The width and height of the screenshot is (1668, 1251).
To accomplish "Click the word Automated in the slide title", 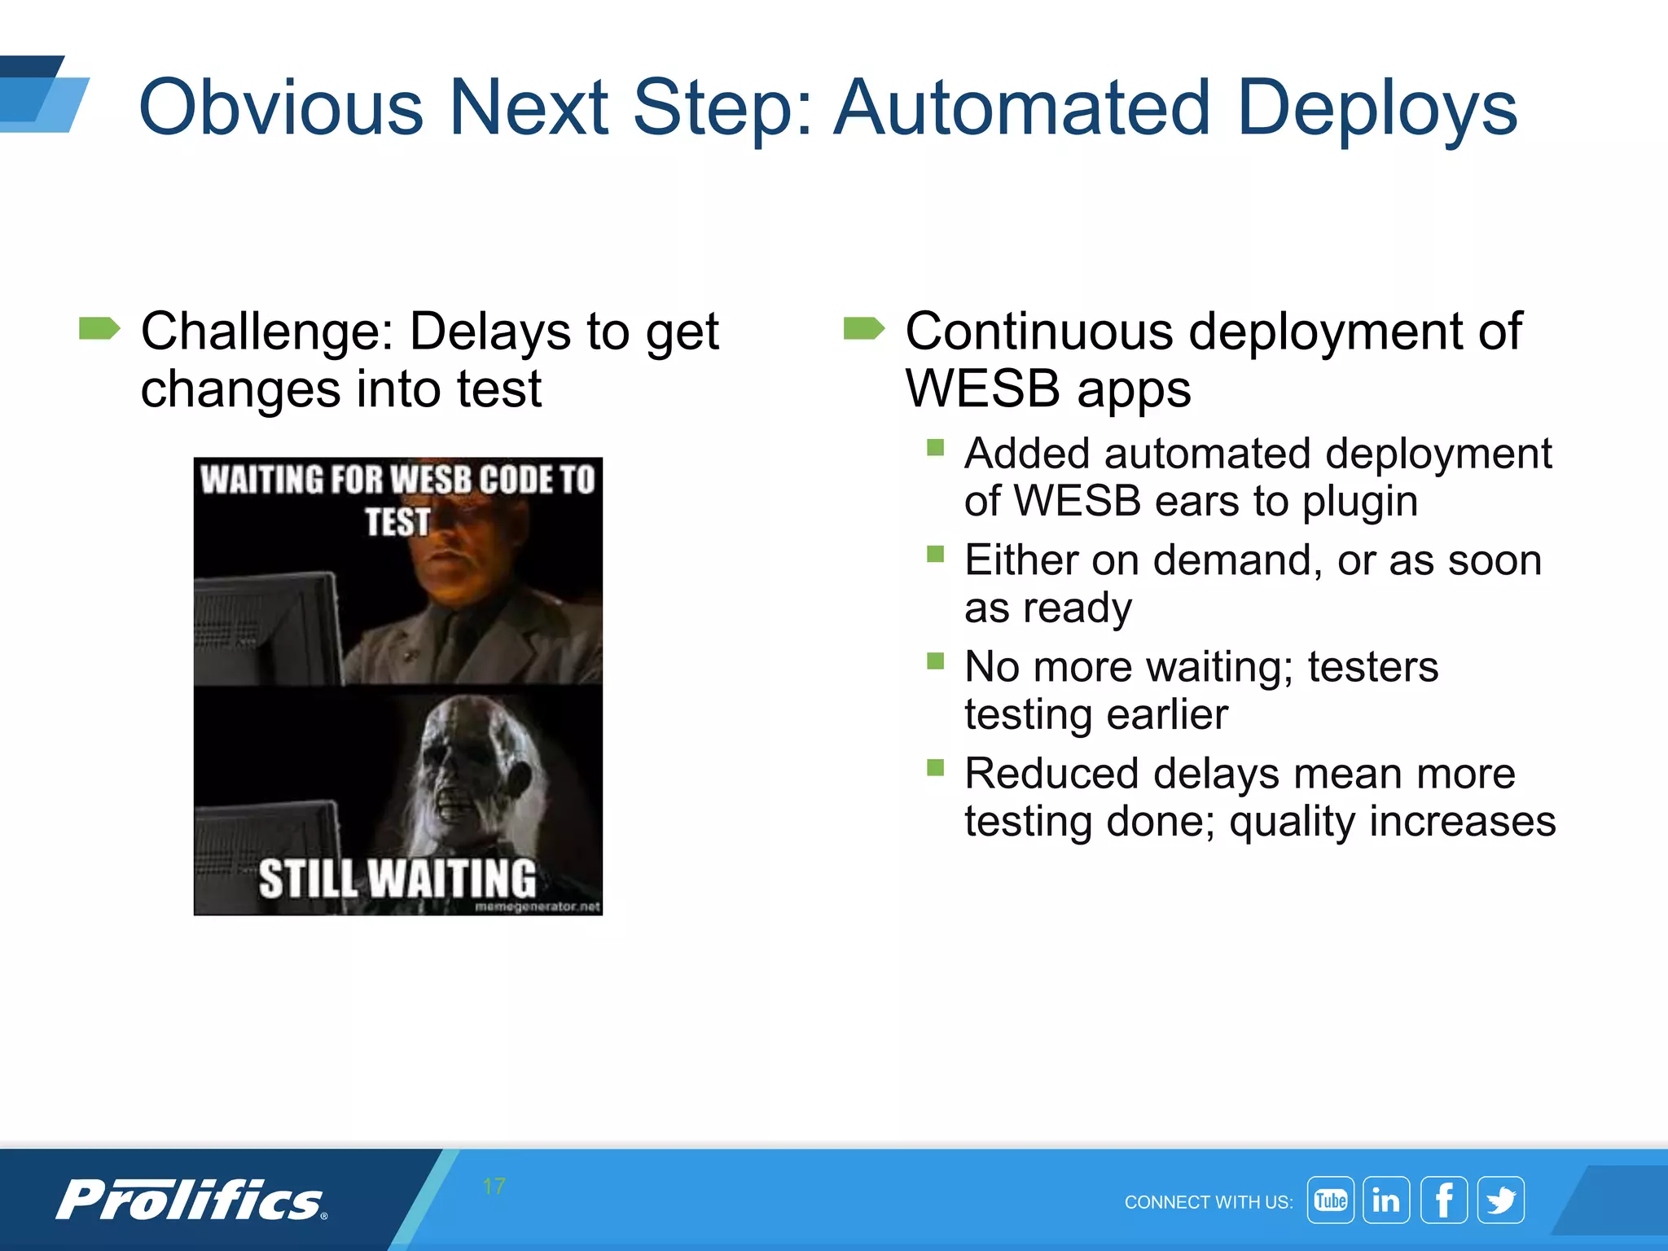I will [x=1022, y=108].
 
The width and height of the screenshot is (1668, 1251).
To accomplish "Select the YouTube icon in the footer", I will [x=1330, y=1201].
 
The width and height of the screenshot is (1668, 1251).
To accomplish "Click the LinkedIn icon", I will [x=1386, y=1201].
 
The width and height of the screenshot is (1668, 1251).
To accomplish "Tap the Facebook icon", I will [x=1444, y=1201].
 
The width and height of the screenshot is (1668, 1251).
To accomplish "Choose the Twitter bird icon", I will [x=1501, y=1201].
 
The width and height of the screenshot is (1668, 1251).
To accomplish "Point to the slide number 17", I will [x=494, y=1187].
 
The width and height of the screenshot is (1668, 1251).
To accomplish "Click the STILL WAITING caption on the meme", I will [x=397, y=879].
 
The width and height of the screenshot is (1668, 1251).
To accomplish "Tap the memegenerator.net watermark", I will [x=538, y=906].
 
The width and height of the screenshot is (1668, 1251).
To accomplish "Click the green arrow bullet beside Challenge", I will [x=99, y=329].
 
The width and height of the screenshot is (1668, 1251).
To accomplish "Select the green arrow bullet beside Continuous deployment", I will [x=863, y=329].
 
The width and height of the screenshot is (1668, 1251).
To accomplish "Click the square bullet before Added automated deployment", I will [x=935, y=447].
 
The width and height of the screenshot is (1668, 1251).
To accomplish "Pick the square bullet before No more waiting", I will [x=935, y=661].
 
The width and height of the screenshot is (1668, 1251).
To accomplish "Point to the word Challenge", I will [x=266, y=331].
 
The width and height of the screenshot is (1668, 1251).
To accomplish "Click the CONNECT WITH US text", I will [x=1208, y=1202].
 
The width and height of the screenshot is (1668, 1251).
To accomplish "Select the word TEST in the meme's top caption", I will [x=397, y=522].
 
